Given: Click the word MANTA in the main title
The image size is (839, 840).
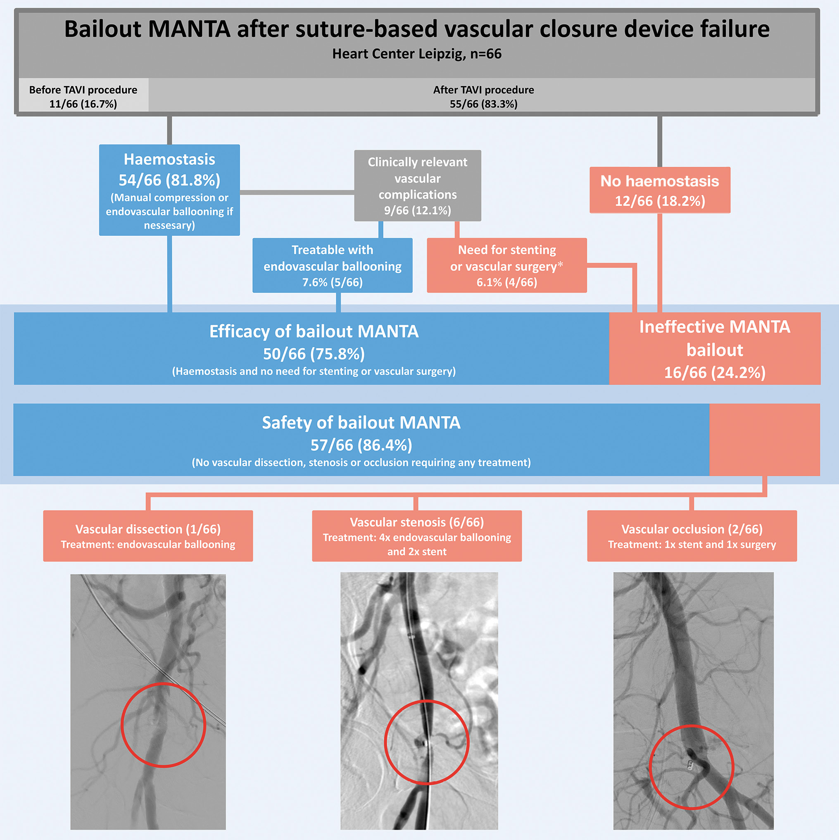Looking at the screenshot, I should click(x=189, y=30).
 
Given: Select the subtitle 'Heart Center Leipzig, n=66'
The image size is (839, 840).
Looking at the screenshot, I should click(x=417, y=54).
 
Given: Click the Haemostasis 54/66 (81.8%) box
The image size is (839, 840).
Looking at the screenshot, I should click(x=169, y=190).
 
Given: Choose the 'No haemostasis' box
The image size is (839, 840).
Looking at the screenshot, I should click(x=659, y=190).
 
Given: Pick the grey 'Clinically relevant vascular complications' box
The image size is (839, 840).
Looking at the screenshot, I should click(x=417, y=186).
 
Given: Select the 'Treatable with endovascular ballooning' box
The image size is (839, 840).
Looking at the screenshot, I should click(x=332, y=265).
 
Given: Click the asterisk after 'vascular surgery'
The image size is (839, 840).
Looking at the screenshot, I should click(x=560, y=265).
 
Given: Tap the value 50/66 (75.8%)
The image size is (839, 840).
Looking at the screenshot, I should click(x=314, y=355).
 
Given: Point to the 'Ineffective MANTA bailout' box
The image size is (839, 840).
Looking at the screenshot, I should click(x=714, y=349).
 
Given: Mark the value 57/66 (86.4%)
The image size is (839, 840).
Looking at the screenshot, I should click(x=361, y=445).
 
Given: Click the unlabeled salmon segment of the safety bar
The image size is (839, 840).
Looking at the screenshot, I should click(x=764, y=440).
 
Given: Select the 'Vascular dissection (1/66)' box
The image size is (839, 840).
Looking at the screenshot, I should click(x=148, y=535).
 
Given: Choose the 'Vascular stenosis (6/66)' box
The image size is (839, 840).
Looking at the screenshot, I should click(x=416, y=535).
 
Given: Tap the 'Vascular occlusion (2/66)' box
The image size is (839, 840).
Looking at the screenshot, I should click(x=692, y=535).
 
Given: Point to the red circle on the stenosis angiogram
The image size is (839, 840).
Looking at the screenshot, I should click(x=426, y=742).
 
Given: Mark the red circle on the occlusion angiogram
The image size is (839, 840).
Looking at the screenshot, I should click(x=691, y=767).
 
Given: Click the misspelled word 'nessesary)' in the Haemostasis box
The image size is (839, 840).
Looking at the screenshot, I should click(x=169, y=225).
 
